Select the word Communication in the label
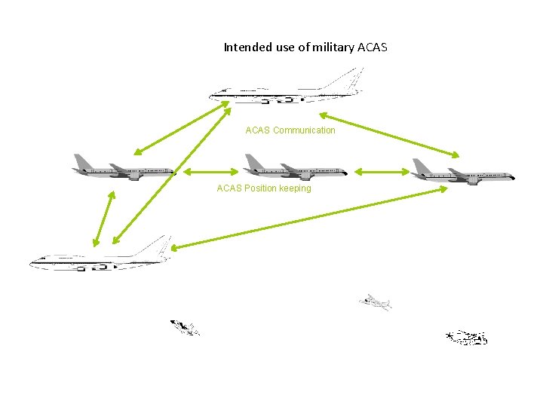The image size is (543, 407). point(304,130)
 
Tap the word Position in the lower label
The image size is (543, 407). point(257,188)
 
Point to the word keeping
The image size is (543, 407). point(295,188)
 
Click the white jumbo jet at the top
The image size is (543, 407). point(287,88)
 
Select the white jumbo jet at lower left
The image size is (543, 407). point(98,258)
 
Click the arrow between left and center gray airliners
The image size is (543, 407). point(207,173)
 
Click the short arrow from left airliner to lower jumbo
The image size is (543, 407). point(103,218)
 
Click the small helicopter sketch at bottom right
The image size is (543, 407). point(467,338)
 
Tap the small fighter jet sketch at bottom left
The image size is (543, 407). point(185,328)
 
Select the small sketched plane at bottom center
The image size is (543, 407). point(376,302)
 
